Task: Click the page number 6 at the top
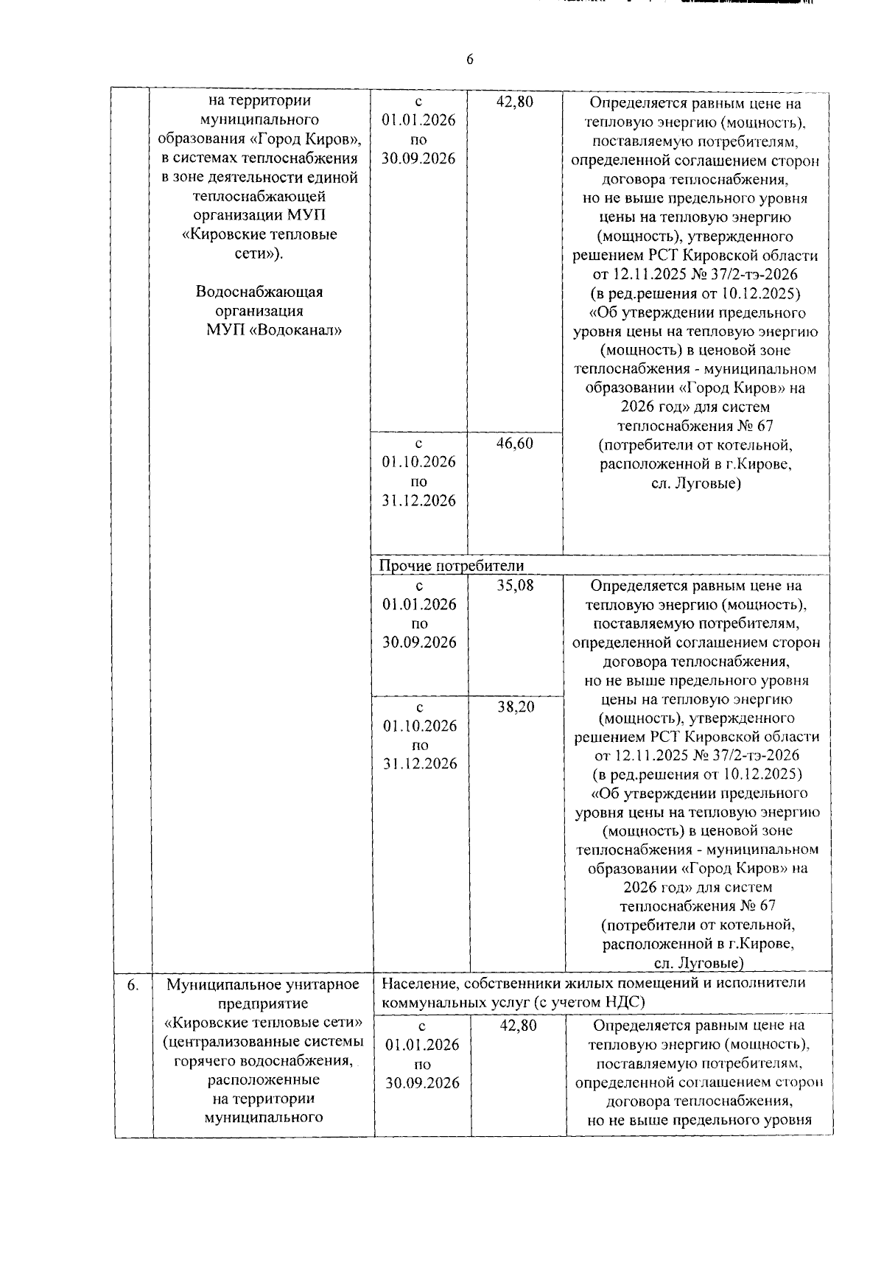[x=469, y=60]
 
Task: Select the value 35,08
[x=515, y=586]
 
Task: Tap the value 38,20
[x=516, y=707]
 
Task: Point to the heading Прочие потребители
[x=451, y=566]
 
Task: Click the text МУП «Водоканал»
[x=274, y=330]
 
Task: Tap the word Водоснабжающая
[x=259, y=292]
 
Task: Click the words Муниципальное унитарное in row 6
[x=263, y=984]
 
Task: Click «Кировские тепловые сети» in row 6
[x=263, y=1023]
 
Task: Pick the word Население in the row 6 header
[x=418, y=983]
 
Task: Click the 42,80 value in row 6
[x=518, y=1026]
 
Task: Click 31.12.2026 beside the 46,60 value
[x=418, y=500]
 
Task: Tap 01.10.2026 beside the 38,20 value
[x=420, y=726]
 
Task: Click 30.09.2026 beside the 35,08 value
[x=419, y=642]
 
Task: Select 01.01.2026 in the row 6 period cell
[x=422, y=1045]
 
